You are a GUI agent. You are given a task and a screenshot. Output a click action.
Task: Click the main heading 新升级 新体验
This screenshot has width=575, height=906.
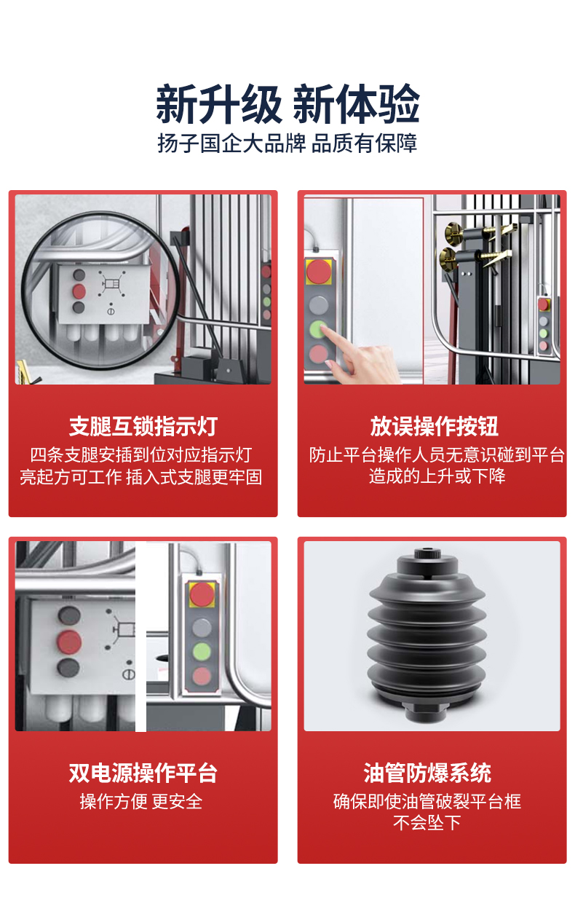click(x=287, y=104)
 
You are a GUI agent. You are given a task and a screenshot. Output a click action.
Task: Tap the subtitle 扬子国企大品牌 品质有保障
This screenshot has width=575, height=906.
click(x=287, y=143)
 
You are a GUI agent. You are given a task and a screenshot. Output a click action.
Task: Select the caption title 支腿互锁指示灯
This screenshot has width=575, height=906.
click(x=143, y=427)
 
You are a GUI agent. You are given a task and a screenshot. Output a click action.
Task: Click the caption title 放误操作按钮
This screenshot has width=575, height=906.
click(x=433, y=427)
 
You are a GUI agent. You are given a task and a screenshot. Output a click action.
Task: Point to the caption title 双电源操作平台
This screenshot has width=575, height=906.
click(x=143, y=773)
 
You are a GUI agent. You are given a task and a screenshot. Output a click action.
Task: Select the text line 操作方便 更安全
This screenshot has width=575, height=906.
click(x=141, y=802)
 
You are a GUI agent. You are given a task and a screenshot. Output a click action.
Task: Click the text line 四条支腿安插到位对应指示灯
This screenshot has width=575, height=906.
click(x=141, y=456)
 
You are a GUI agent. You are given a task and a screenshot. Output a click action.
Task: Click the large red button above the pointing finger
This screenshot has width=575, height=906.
click(x=318, y=272)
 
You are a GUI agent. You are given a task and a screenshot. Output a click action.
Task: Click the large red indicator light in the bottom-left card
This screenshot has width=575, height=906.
click(x=70, y=642)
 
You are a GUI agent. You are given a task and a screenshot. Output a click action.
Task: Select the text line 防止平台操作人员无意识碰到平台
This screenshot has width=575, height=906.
click(x=437, y=456)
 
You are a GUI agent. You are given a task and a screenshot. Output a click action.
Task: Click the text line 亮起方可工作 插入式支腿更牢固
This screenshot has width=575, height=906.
click(x=141, y=477)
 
